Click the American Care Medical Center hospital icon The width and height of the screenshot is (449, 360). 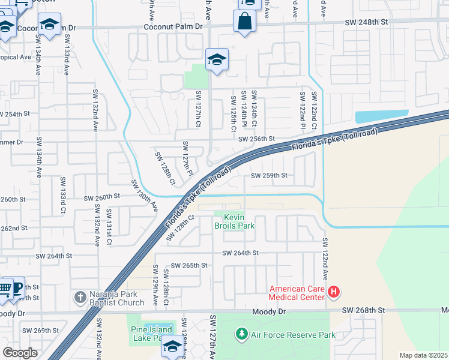click(334, 293)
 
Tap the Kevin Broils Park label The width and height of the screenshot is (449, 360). click(235, 221)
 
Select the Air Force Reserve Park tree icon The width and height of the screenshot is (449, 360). click(241, 333)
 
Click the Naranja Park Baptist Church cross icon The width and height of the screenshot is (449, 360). click(80, 297)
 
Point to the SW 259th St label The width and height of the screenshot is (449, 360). click(269, 176)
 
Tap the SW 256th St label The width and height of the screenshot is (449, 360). click(256, 139)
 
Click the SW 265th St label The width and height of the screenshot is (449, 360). click(189, 265)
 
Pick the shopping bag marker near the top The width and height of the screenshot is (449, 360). click(244, 22)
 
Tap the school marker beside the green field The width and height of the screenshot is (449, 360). click(217, 59)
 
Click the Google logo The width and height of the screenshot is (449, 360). click(20, 353)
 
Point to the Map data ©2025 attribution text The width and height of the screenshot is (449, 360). click(423, 355)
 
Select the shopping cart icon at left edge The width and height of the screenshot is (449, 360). click(4, 289)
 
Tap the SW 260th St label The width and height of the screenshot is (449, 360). click(102, 197)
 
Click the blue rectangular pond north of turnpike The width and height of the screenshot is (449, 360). click(381, 117)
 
